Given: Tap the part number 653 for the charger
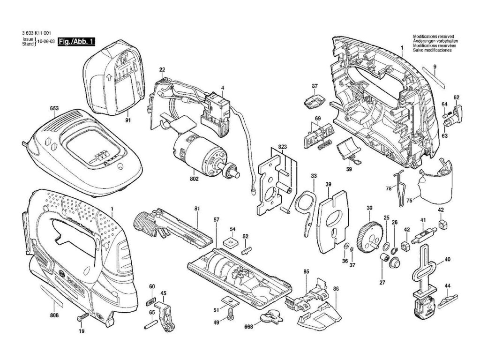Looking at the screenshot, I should (54, 108).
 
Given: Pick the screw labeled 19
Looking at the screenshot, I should (81, 319).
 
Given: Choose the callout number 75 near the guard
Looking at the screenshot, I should (409, 201).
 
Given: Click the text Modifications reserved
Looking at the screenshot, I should (432, 37).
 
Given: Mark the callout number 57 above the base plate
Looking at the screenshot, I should (216, 220).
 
